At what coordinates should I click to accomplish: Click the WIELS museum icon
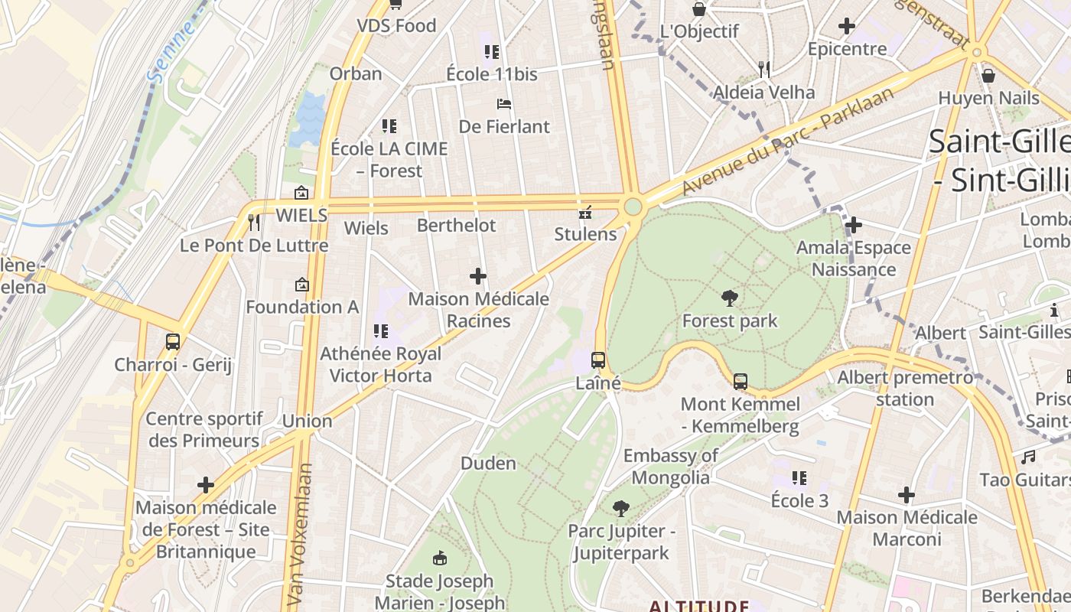tap(301, 193)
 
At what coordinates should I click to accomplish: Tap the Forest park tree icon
tap(730, 298)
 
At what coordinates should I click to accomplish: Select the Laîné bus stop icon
tap(598, 360)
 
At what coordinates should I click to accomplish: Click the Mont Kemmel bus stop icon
tap(740, 381)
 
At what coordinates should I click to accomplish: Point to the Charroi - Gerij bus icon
tap(173, 342)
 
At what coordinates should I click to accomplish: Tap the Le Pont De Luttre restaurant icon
tap(254, 223)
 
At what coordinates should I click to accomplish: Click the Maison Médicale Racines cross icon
tap(478, 276)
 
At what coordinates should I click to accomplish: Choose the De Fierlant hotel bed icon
tap(503, 104)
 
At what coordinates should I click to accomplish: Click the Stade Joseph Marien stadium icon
tap(439, 558)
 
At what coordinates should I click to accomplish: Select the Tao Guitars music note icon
tap(1028, 457)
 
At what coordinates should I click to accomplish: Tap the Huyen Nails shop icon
tap(988, 76)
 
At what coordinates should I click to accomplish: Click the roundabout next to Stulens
tap(633, 207)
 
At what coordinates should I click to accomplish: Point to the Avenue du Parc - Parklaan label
tap(787, 142)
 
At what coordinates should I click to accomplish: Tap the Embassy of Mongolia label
tap(670, 467)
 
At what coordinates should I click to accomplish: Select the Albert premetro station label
tap(905, 388)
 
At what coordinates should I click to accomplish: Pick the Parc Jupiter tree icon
tap(620, 508)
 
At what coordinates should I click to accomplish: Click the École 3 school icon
tap(799, 479)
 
